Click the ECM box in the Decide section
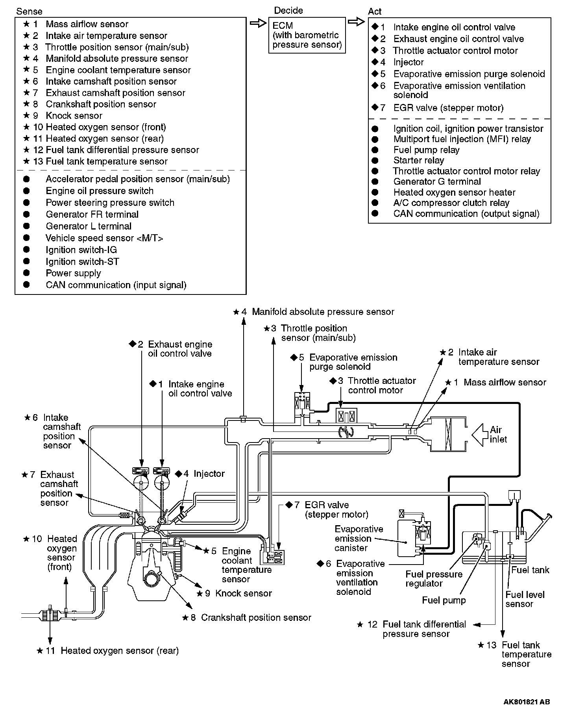307,35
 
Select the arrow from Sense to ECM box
258,24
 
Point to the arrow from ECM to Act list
356,22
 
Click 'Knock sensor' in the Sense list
74,116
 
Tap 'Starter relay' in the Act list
418,160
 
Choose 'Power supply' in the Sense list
73,273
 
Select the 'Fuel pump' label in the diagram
444,600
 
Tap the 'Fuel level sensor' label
525,599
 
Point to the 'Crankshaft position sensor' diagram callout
256,618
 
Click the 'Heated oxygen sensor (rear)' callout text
120,651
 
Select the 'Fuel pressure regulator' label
434,579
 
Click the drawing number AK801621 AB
526,702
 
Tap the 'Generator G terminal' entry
437,181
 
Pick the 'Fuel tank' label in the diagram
530,570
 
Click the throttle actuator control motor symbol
346,416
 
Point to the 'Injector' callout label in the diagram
209,474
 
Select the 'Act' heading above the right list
375,11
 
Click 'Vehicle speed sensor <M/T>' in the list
104,238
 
